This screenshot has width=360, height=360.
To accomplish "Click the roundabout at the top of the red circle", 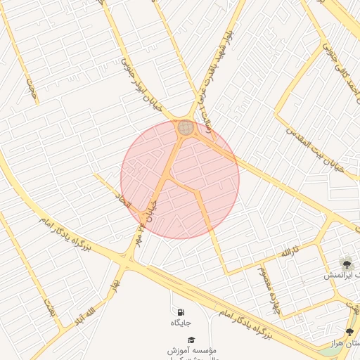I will [186, 127].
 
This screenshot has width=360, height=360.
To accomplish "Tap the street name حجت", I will [31, 89].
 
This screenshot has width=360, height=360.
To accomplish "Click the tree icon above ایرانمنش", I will [345, 263].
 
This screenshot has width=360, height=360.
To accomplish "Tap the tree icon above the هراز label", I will [349, 332].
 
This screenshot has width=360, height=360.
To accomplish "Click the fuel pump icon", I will [181, 311].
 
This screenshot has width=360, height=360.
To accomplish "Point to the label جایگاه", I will [181, 323].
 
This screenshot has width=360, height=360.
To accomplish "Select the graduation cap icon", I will [192, 340].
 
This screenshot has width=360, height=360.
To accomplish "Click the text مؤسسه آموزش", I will [192, 349].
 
